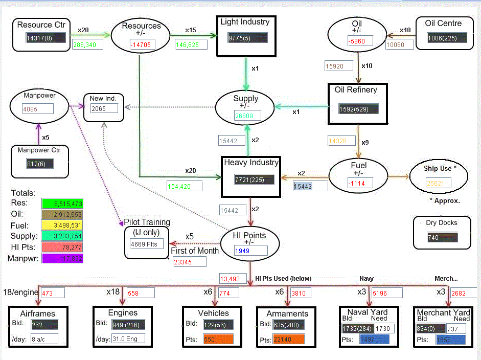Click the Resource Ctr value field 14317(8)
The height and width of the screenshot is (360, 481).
click(46, 37)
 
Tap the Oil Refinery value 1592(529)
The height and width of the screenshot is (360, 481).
click(359, 108)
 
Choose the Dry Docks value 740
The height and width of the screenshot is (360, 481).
click(442, 237)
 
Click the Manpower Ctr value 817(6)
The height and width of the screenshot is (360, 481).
click(40, 164)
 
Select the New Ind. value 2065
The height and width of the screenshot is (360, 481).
click(104, 108)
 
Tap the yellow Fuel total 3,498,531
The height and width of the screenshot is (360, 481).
click(61, 226)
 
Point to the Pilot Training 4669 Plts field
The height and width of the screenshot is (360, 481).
click(147, 244)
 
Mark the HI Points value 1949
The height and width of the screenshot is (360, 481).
click(251, 251)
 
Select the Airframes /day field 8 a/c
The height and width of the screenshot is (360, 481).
click(44, 339)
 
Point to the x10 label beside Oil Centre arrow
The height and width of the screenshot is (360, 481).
click(405, 30)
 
